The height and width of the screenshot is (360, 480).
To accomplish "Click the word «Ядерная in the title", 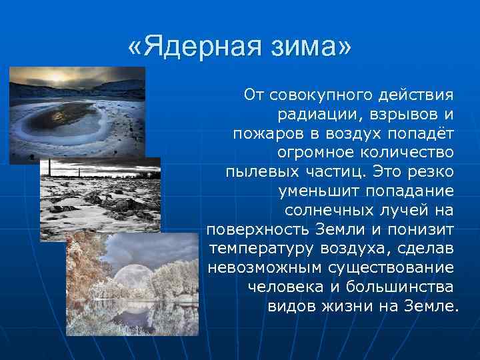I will [199, 49].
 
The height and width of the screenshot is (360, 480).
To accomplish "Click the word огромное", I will [319, 153].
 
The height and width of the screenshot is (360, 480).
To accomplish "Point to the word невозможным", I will [265, 268].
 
